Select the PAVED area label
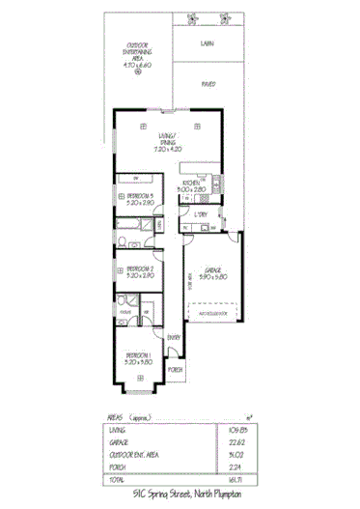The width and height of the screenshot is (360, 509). [208, 84]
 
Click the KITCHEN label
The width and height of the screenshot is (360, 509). [191, 187]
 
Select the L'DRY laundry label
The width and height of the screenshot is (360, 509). [202, 213]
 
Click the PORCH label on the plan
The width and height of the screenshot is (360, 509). [176, 370]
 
